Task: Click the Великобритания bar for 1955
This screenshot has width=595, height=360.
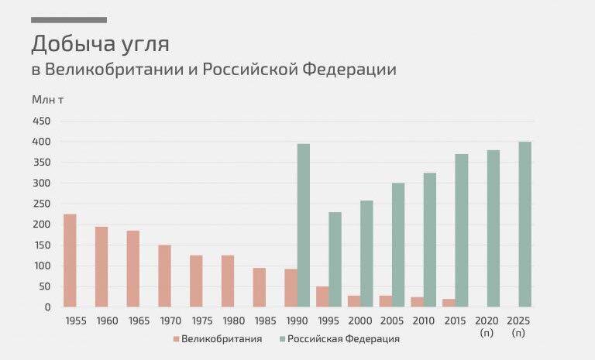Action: click(70, 260)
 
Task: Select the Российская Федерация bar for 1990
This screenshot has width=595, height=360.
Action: click(304, 225)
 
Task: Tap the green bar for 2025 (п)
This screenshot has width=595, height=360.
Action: click(524, 225)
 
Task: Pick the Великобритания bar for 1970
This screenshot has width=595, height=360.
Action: click(164, 276)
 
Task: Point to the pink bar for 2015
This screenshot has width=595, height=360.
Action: click(449, 303)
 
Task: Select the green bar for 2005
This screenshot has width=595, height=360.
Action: click(398, 245)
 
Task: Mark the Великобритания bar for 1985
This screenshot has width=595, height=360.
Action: click(260, 287)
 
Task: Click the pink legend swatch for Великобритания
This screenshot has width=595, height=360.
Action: click(176, 339)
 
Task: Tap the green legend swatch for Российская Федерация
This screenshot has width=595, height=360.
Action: click(282, 339)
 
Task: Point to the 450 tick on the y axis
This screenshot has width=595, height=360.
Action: click(41, 122)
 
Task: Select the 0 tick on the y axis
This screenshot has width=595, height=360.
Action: click(47, 307)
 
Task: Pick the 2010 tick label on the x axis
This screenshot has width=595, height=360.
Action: click(423, 321)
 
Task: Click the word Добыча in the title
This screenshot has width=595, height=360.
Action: click(72, 43)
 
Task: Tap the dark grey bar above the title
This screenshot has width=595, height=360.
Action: click(69, 20)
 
